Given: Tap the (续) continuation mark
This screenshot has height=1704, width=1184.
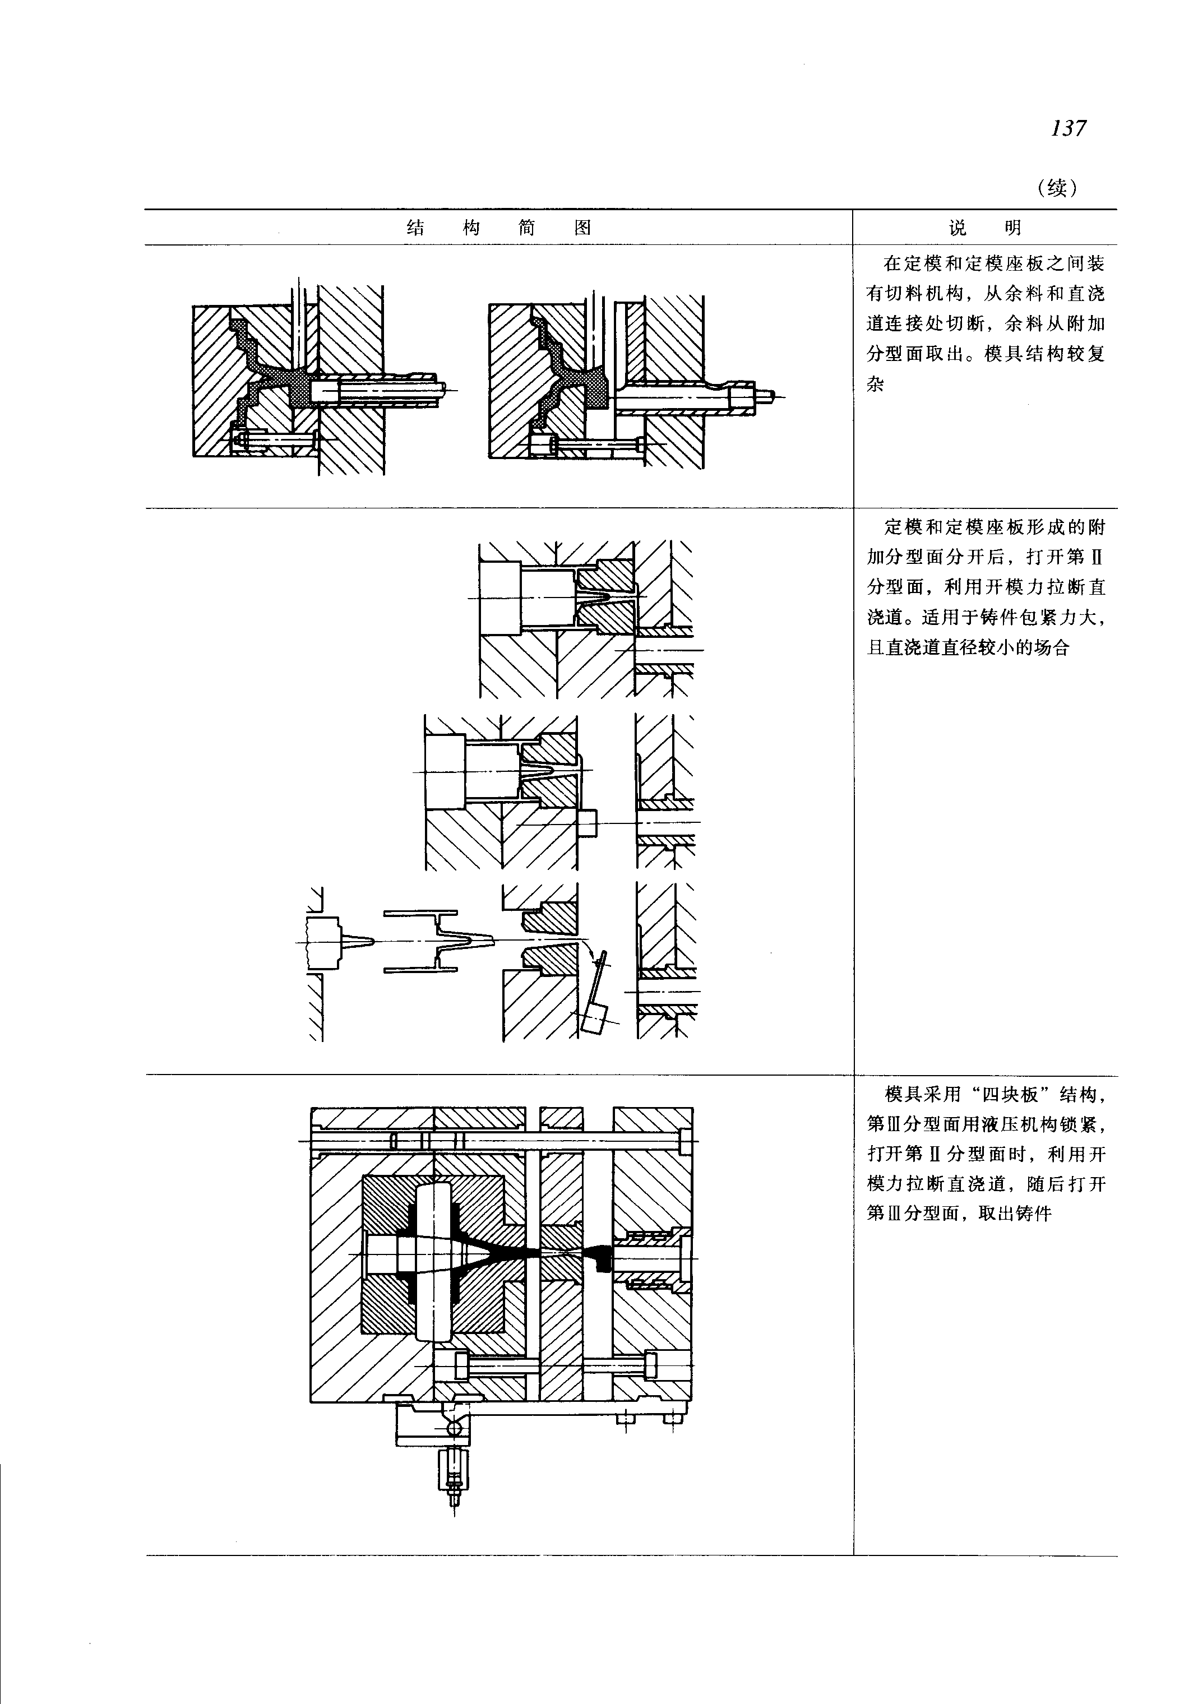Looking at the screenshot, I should tap(1058, 188).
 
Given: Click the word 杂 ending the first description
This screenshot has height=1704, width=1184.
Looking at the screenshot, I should tap(876, 385).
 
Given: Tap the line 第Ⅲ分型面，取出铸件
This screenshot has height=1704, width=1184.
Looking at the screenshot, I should tap(959, 1215).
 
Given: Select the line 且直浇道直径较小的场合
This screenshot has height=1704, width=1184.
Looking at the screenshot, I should tap(968, 647).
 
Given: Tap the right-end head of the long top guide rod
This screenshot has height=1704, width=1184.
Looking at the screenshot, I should tap(686, 1139).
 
